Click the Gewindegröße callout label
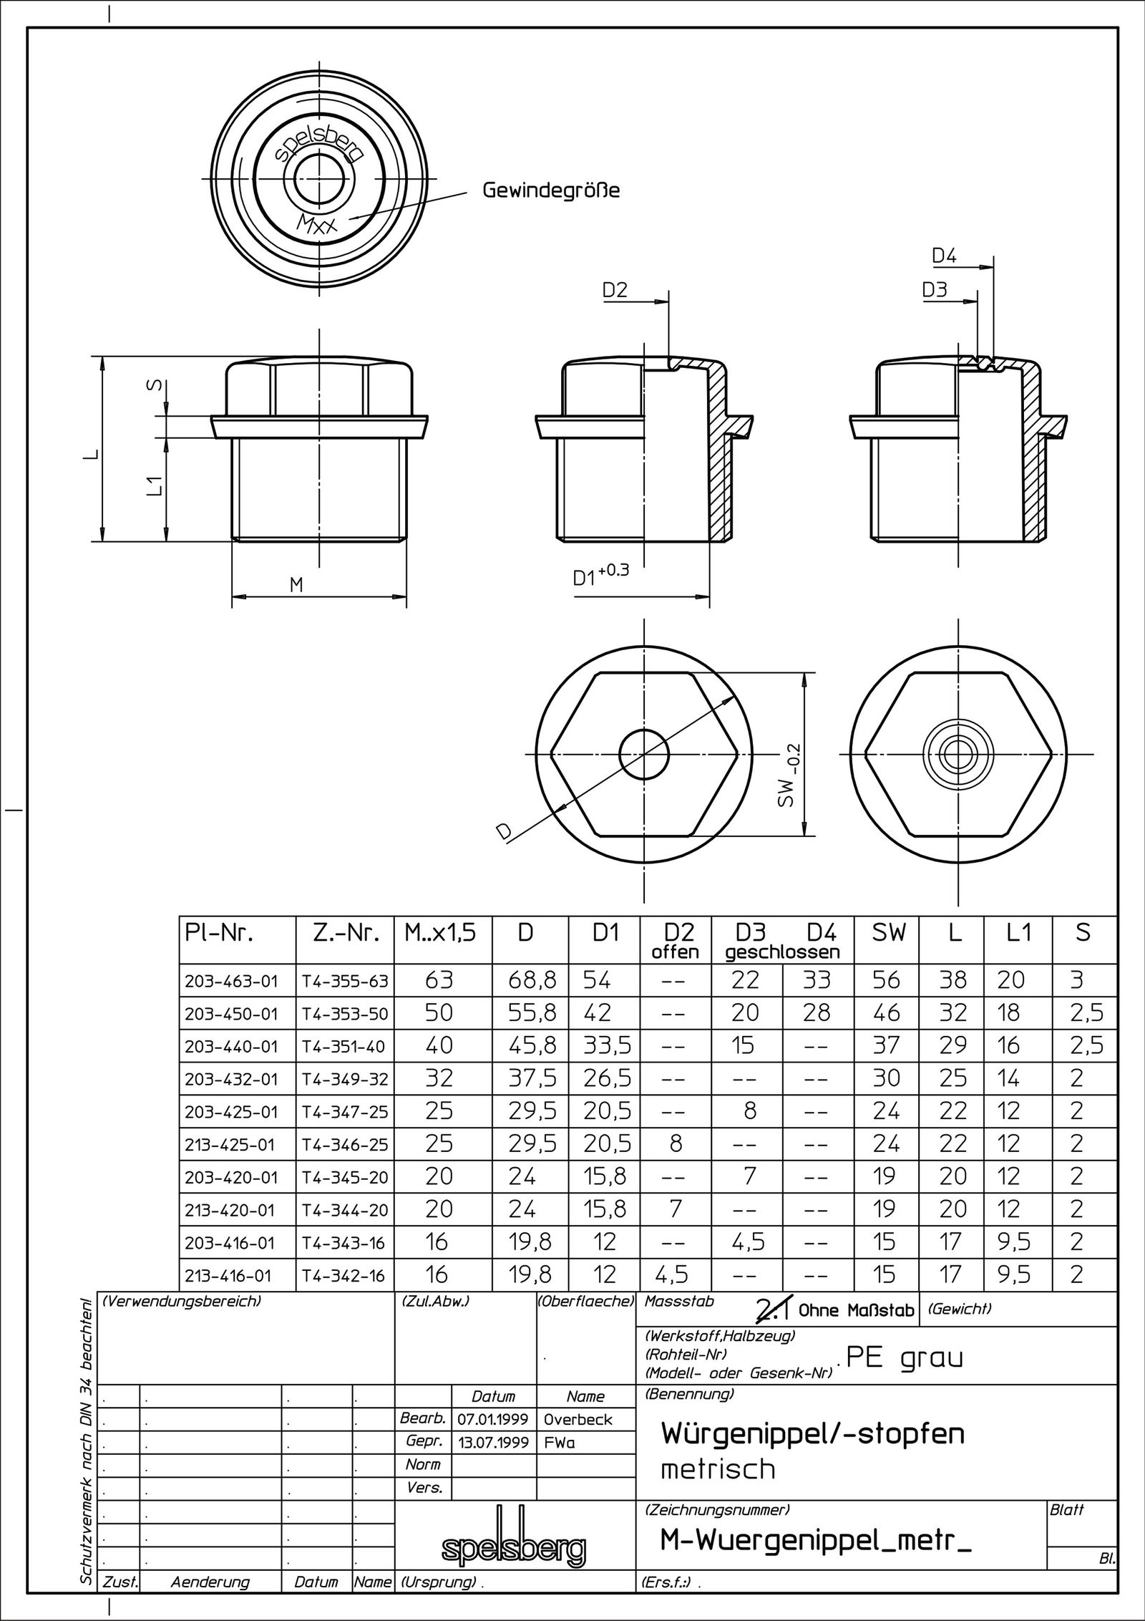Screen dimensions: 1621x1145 pos(550,191)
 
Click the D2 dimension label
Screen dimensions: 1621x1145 pos(614,290)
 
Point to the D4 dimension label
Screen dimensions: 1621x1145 pos(944,256)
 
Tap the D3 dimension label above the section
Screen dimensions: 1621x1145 pos(934,290)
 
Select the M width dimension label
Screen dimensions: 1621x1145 pos(296,585)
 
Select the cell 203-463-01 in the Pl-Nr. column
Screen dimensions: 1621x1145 pos(230,981)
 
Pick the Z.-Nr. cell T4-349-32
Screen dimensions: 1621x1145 pos(344,1079)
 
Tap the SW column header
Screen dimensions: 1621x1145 pos(889,934)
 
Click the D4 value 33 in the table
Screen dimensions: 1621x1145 pos(817,980)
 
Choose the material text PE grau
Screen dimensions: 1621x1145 pos(905,1358)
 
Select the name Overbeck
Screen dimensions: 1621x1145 pos(578,1419)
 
